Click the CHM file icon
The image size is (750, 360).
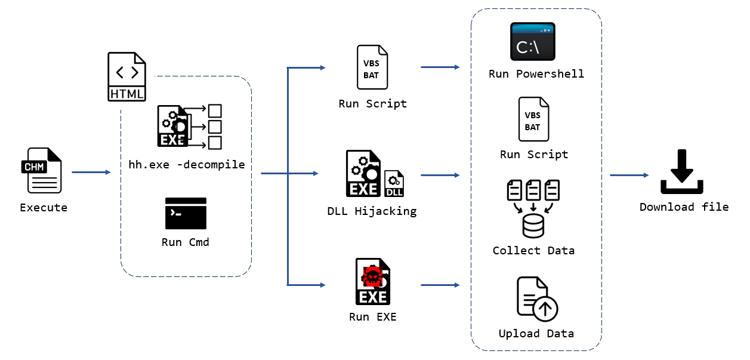41,171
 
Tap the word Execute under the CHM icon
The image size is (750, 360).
44,208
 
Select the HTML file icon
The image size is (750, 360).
126,77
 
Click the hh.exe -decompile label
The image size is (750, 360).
187,164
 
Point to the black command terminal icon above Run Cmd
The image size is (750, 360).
186,213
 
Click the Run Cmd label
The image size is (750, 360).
186,242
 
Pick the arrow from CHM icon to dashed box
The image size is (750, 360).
91,173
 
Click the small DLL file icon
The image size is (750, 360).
394,183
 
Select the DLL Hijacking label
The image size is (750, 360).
372,211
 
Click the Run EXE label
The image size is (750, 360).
372,316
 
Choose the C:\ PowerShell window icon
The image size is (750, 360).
532,42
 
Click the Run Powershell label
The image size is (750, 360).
536,74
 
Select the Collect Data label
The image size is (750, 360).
533,250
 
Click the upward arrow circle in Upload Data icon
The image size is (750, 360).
545,309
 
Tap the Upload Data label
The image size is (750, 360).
536,333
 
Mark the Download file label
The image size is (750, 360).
684,207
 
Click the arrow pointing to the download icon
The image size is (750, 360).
629,175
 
